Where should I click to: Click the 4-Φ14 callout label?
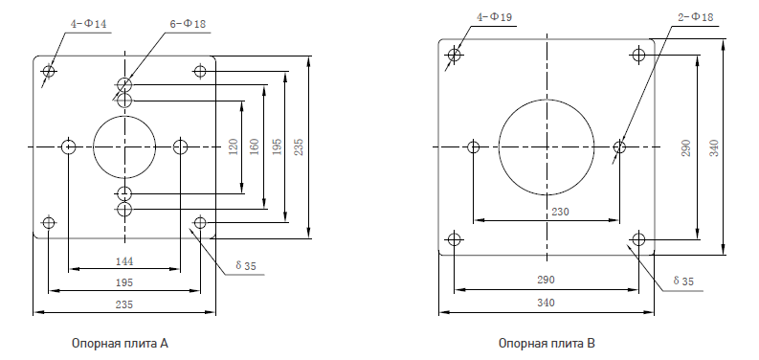tap(89, 24)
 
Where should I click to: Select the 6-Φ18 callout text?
tap(189, 24)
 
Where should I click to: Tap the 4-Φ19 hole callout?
tap(494, 17)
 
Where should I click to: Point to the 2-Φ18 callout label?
tap(696, 17)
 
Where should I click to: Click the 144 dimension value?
tap(124, 261)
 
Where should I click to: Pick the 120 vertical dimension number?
tap(233, 146)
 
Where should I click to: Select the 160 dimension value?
tap(255, 146)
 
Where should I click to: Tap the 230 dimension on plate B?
tap(560, 212)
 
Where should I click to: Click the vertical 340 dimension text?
tap(714, 147)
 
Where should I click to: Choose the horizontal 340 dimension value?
tap(546, 303)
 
